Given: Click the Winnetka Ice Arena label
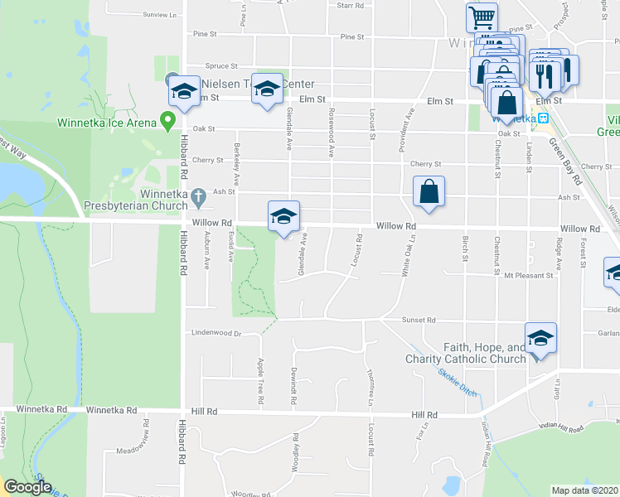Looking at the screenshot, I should point(107,123).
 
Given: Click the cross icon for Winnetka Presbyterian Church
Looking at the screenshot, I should point(197,197).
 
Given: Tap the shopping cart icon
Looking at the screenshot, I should point(481,17).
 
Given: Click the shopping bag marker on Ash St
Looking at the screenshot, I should point(429,191).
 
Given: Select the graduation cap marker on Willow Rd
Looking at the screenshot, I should point(283,217).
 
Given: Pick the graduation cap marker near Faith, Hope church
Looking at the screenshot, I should point(540,339).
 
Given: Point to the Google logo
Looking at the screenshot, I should point(27,487).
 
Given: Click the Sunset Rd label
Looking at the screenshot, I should point(419,320).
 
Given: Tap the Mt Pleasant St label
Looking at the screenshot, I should point(527,275).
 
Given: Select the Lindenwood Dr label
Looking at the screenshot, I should point(215,334).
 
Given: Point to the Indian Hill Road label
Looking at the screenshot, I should point(560,427).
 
